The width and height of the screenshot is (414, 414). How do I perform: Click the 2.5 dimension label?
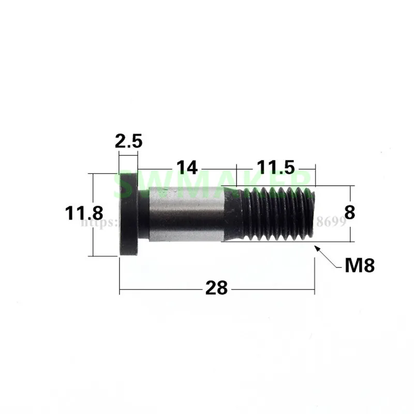[128, 141]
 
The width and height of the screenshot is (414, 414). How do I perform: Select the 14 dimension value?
[187, 168]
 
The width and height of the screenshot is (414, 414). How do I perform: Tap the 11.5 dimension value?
[276, 168]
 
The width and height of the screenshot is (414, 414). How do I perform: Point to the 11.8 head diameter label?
[84, 213]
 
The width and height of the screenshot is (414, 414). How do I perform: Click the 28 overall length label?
[216, 288]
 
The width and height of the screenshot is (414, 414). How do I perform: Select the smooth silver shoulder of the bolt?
[186, 214]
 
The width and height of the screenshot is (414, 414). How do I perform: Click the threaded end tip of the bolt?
[312, 214]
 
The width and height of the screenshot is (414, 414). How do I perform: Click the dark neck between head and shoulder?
[144, 214]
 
